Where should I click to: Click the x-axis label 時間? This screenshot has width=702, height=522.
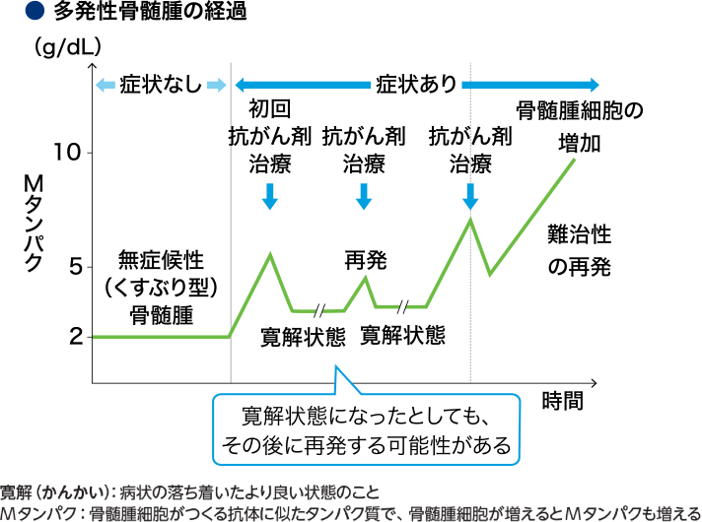point(562,400)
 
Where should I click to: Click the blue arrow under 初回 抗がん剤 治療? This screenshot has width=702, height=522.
point(271,197)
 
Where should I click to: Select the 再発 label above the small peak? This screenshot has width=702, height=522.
point(365,260)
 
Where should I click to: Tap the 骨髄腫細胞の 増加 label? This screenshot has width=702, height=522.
point(580,124)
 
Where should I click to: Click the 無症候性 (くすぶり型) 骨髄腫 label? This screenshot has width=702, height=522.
point(161,287)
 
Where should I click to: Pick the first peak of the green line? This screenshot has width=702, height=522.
point(271,254)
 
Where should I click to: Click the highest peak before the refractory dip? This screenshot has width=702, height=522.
point(470,218)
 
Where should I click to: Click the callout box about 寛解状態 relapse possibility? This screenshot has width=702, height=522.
point(366,428)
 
